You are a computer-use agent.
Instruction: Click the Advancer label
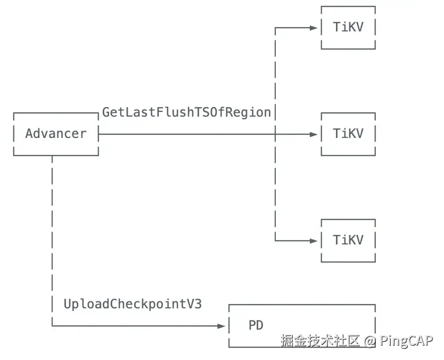pyautogui.click(x=55, y=134)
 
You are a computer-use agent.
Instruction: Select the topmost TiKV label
pyautogui.click(x=348, y=27)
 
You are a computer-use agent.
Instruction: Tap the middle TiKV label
pyautogui.click(x=348, y=134)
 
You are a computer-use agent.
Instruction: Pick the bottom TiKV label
pyautogui.click(x=348, y=240)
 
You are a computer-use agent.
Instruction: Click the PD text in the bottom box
pyautogui.click(x=256, y=325)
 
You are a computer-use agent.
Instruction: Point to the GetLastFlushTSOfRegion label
pyautogui.click(x=186, y=112)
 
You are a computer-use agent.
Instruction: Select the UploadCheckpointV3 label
pyautogui.click(x=133, y=304)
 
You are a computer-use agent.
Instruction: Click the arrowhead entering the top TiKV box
pyautogui.click(x=314, y=28)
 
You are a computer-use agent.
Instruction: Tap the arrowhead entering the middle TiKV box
pyautogui.click(x=314, y=134)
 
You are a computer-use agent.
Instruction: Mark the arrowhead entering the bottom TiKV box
pyautogui.click(x=314, y=241)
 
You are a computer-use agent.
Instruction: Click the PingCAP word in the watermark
pyautogui.click(x=406, y=341)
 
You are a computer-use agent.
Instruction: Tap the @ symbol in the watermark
pyautogui.click(x=371, y=341)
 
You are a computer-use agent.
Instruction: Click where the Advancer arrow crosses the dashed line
pyautogui.click(x=275, y=134)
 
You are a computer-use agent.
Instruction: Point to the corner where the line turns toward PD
pyautogui.click(x=52, y=326)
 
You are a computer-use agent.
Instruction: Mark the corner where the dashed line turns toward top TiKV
pyautogui.click(x=275, y=28)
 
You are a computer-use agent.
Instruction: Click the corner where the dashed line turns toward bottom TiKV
pyautogui.click(x=275, y=241)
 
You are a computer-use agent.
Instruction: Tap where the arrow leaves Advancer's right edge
pyautogui.click(x=99, y=134)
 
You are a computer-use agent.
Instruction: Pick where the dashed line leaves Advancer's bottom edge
pyautogui.click(x=52, y=156)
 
